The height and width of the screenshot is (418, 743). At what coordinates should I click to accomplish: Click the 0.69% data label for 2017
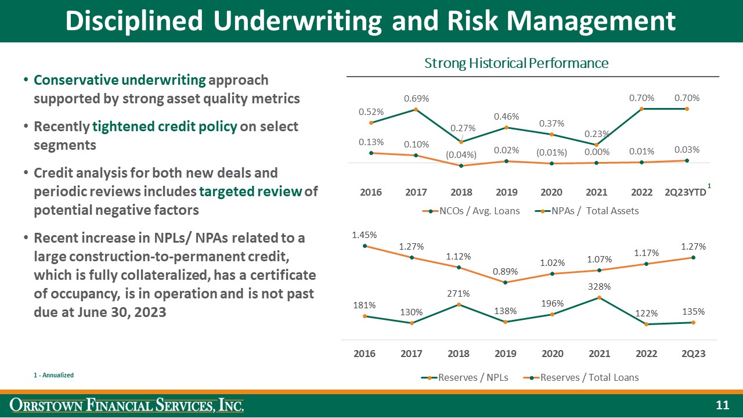tap(416, 99)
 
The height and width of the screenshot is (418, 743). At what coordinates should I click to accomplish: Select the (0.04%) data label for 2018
tap(461, 155)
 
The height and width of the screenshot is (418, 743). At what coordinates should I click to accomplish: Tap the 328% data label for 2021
tap(599, 287)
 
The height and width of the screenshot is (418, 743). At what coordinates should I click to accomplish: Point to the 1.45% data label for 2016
tap(365, 235)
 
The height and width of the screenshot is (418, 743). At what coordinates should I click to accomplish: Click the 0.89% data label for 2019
tap(506, 272)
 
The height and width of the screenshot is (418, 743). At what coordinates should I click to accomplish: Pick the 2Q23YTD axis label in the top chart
tap(685, 192)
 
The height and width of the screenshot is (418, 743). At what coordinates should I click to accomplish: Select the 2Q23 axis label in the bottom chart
tap(692, 354)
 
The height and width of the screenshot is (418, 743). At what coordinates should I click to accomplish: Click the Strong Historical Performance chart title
tap(516, 63)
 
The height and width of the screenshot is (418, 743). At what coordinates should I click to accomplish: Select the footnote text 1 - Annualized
tap(53, 376)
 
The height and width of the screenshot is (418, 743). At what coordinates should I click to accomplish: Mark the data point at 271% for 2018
tap(459, 304)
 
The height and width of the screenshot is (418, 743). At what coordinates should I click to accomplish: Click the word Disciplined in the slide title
tap(134, 21)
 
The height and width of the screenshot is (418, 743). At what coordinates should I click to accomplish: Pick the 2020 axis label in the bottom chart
tap(552, 354)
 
